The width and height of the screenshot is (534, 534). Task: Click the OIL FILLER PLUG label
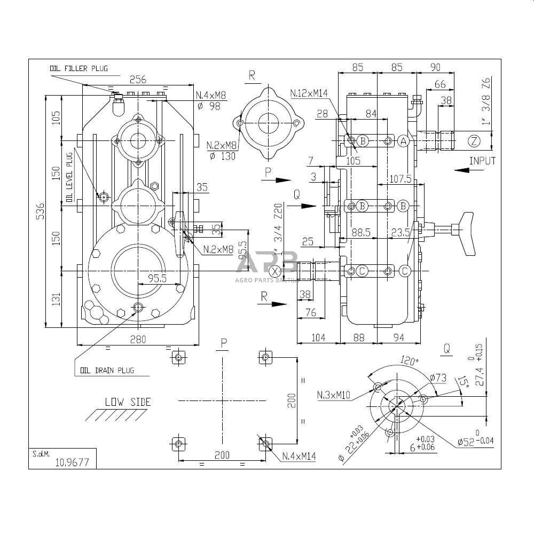[78, 68]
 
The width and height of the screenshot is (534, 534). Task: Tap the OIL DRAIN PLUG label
[107, 370]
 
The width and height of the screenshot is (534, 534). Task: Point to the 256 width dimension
[138, 80]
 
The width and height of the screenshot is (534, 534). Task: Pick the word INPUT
[482, 161]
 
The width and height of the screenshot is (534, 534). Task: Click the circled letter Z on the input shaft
[474, 141]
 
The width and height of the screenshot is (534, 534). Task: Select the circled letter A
[404, 141]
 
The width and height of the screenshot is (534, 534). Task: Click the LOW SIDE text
[128, 402]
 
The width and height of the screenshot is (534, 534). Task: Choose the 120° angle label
[410, 362]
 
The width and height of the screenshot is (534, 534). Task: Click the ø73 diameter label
[438, 378]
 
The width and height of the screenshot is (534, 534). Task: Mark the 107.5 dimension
[400, 179]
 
